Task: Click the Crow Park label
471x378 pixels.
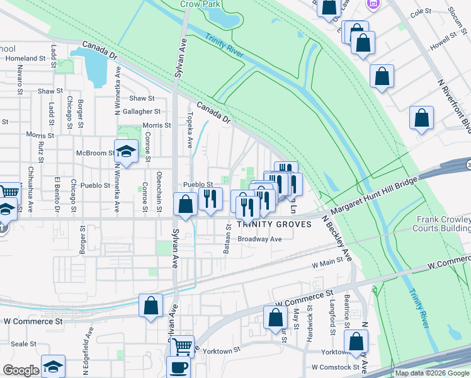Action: (x=194, y=4)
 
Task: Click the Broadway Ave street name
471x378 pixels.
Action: (x=259, y=239)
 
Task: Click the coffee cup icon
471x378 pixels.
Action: (x=178, y=367)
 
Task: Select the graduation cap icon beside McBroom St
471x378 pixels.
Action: (x=127, y=151)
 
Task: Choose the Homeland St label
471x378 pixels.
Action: (x=26, y=59)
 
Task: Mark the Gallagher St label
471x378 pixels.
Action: (x=142, y=111)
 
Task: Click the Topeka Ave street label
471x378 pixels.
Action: (x=190, y=130)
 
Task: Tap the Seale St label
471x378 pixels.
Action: (x=24, y=344)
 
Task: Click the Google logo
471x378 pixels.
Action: (x=20, y=370)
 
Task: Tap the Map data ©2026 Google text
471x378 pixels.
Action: (x=431, y=374)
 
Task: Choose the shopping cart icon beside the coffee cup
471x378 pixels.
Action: (x=182, y=345)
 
